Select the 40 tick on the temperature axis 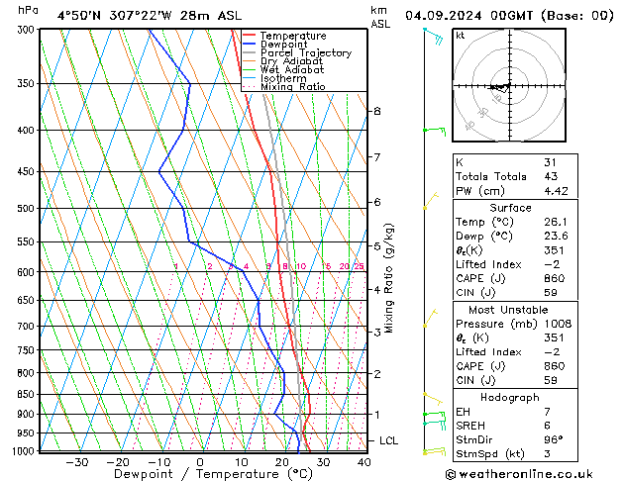click(x=363, y=462)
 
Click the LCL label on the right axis click(x=388, y=440)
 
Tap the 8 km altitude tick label click(x=376, y=112)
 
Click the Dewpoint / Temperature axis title click(x=199, y=474)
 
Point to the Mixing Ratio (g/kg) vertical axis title click(x=390, y=278)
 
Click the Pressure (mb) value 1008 click(x=559, y=324)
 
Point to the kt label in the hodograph click(x=460, y=35)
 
